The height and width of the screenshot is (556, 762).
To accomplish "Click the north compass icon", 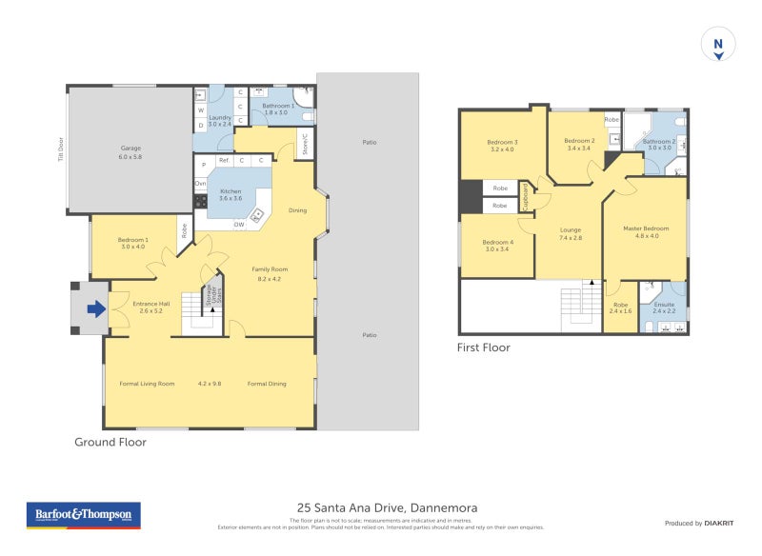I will [x=718, y=45].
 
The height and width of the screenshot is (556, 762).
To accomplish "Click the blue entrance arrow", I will [x=96, y=308].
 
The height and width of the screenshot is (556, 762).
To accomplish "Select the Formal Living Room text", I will [x=147, y=384].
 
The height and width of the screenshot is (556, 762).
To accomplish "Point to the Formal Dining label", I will [x=266, y=384].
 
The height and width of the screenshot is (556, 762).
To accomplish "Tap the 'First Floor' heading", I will [x=483, y=348].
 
